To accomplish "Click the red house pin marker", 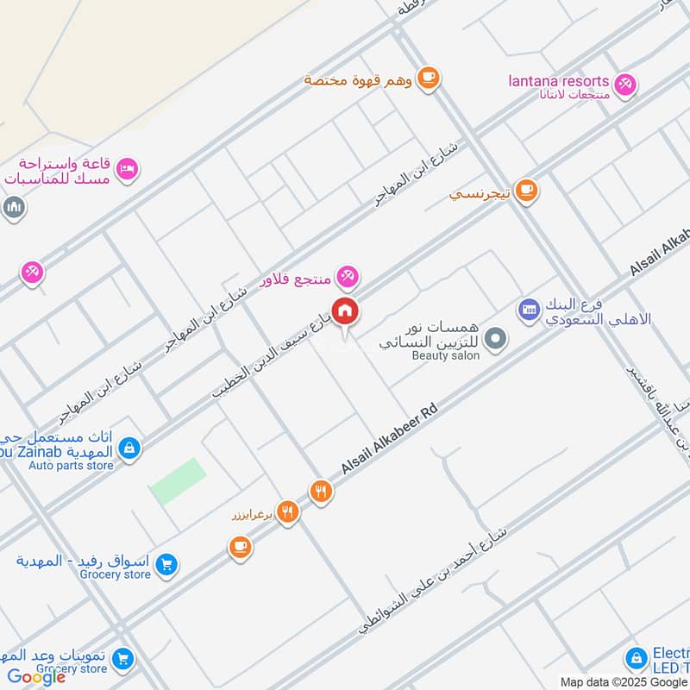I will pos(345,310).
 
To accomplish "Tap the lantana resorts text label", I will pos(558,82).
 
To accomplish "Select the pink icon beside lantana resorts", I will pos(625,83).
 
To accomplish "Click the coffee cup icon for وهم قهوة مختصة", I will pos(428,78).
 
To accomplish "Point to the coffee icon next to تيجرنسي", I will pos(526,190).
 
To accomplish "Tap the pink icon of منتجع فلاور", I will pos(348,276).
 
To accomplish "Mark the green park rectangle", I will pos(179,480).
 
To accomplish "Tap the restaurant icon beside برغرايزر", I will pos(288,512).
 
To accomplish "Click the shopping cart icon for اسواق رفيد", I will pos(168,565).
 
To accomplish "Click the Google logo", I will pos(36,677).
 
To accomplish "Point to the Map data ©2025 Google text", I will pos(624,681).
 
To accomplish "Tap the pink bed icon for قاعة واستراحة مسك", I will pos(127,169).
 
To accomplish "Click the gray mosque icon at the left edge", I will pos(12,208).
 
